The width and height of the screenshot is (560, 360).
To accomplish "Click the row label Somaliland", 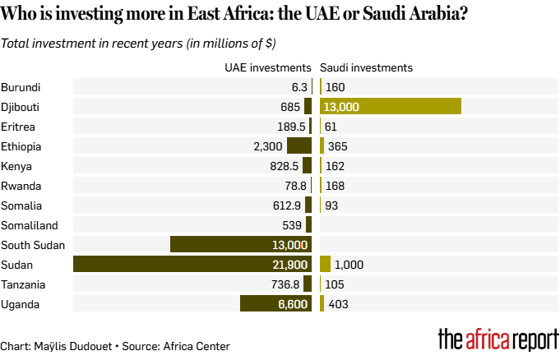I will click(30, 224).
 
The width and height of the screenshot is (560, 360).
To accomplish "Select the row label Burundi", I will click(21, 86).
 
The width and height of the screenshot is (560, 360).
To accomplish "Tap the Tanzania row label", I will click(25, 284).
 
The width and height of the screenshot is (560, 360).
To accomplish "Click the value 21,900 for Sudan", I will click(289, 264).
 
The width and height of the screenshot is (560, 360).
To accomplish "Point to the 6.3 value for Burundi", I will click(299, 86).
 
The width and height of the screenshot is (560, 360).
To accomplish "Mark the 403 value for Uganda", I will click(338, 303).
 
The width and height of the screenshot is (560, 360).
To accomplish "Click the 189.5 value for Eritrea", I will click(292, 126).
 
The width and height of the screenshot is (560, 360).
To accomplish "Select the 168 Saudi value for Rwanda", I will click(335, 185).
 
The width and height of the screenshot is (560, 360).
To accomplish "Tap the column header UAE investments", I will click(268, 67).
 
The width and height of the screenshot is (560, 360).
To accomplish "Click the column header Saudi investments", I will click(366, 67).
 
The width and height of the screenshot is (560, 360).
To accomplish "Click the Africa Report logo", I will click(498, 339).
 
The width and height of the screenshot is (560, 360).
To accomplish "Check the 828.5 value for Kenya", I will click(292, 165).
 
